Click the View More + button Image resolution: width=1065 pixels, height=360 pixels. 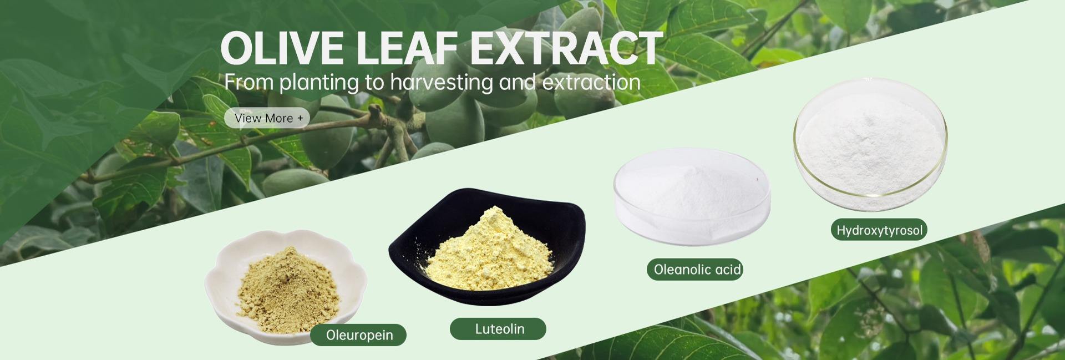[x=267, y=118]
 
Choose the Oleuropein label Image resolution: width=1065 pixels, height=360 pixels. [x=359, y=335]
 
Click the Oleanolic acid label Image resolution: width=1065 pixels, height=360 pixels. [x=697, y=270]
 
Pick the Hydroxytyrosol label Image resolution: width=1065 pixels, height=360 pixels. [x=879, y=230]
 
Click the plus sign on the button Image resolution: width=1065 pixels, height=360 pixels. [x=300, y=118]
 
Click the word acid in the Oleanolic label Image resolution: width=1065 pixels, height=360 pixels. [x=727, y=270]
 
